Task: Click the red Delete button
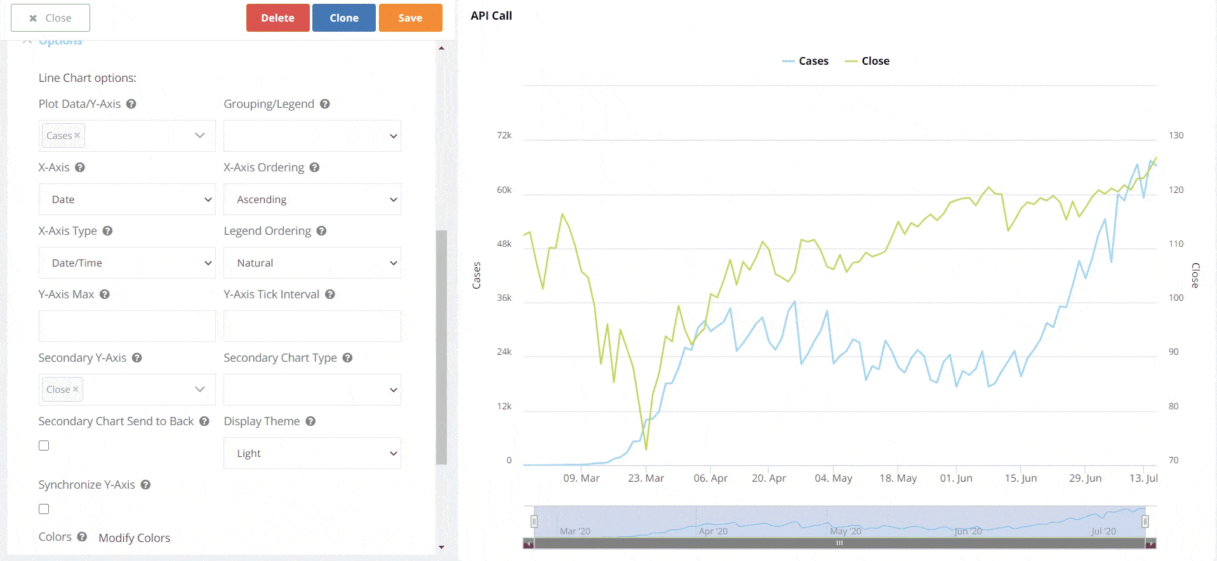tap(277, 18)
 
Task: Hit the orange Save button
tap(410, 18)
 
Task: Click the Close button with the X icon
tap(50, 18)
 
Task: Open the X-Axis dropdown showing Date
tap(127, 199)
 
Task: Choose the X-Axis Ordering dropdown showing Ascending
tap(312, 199)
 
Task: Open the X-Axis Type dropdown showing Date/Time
tap(127, 263)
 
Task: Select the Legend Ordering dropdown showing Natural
tap(312, 263)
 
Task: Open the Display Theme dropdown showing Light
tap(312, 453)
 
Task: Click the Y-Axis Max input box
tap(127, 326)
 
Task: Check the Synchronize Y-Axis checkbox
tap(44, 509)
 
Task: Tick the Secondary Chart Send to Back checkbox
tap(44, 445)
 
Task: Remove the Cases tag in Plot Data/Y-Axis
tap(77, 135)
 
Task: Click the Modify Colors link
tap(134, 538)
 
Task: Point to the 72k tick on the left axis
tap(504, 135)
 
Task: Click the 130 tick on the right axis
tap(1176, 135)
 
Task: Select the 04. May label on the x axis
tap(833, 478)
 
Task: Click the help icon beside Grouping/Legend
tap(324, 104)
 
